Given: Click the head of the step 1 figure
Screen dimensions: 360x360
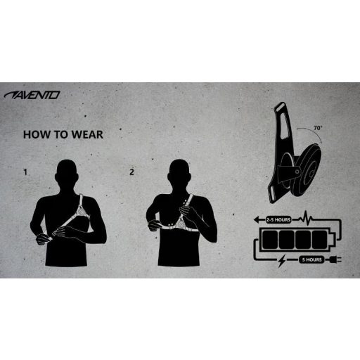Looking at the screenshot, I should coord(68,172).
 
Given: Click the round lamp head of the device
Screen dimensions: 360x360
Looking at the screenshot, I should coord(309,171).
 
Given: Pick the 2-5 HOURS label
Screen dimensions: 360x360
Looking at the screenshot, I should coord(279,219).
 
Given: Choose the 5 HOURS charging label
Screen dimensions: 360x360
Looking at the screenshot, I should coord(311,259).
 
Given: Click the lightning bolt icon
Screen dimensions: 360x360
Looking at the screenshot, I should coord(283,260).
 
